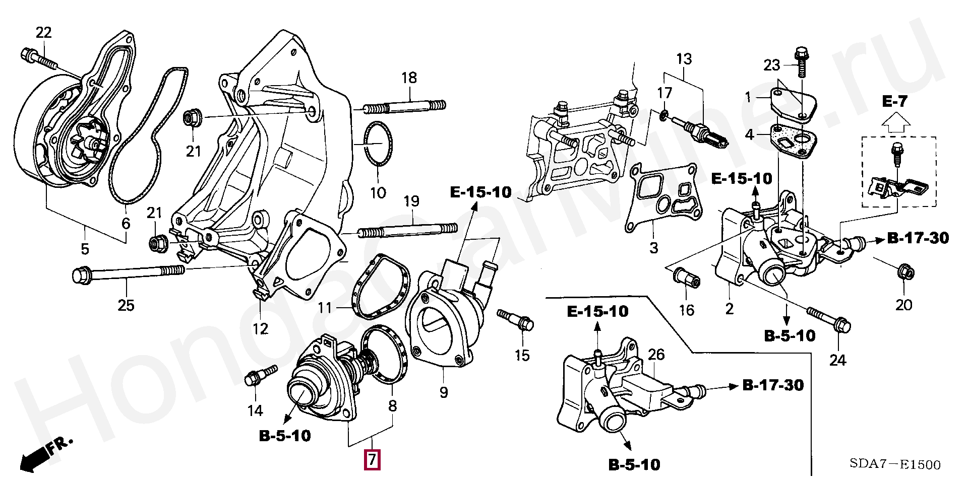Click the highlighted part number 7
372,459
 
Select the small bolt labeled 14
259,375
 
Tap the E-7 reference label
895,102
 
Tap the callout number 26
656,355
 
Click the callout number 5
85,248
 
